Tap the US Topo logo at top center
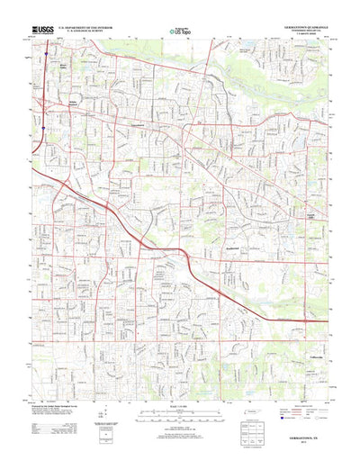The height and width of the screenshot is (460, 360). (x=181, y=32)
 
